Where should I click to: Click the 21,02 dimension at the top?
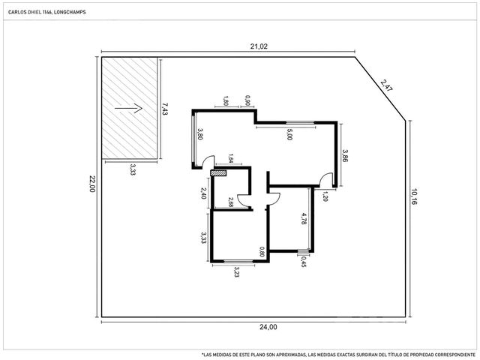point(259,46)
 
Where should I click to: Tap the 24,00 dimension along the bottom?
point(268,327)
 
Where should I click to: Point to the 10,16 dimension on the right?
point(414,196)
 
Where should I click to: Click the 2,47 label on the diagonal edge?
point(386,85)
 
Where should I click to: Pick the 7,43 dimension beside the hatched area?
point(165,109)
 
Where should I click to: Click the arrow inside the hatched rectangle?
point(128,108)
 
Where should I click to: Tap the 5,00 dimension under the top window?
point(289,134)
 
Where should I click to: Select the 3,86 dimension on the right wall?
point(345,156)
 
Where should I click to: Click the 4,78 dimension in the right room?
point(303,219)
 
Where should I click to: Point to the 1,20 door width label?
point(325,196)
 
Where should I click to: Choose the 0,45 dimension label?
point(303,262)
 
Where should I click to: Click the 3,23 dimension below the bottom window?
point(236,271)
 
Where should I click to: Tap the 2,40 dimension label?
point(203,193)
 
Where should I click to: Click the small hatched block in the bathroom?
point(218,173)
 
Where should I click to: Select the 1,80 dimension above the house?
point(226,101)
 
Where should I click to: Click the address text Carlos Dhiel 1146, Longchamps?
point(46,12)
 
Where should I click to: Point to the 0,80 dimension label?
point(262,252)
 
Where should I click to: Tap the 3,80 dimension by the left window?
point(199,133)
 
